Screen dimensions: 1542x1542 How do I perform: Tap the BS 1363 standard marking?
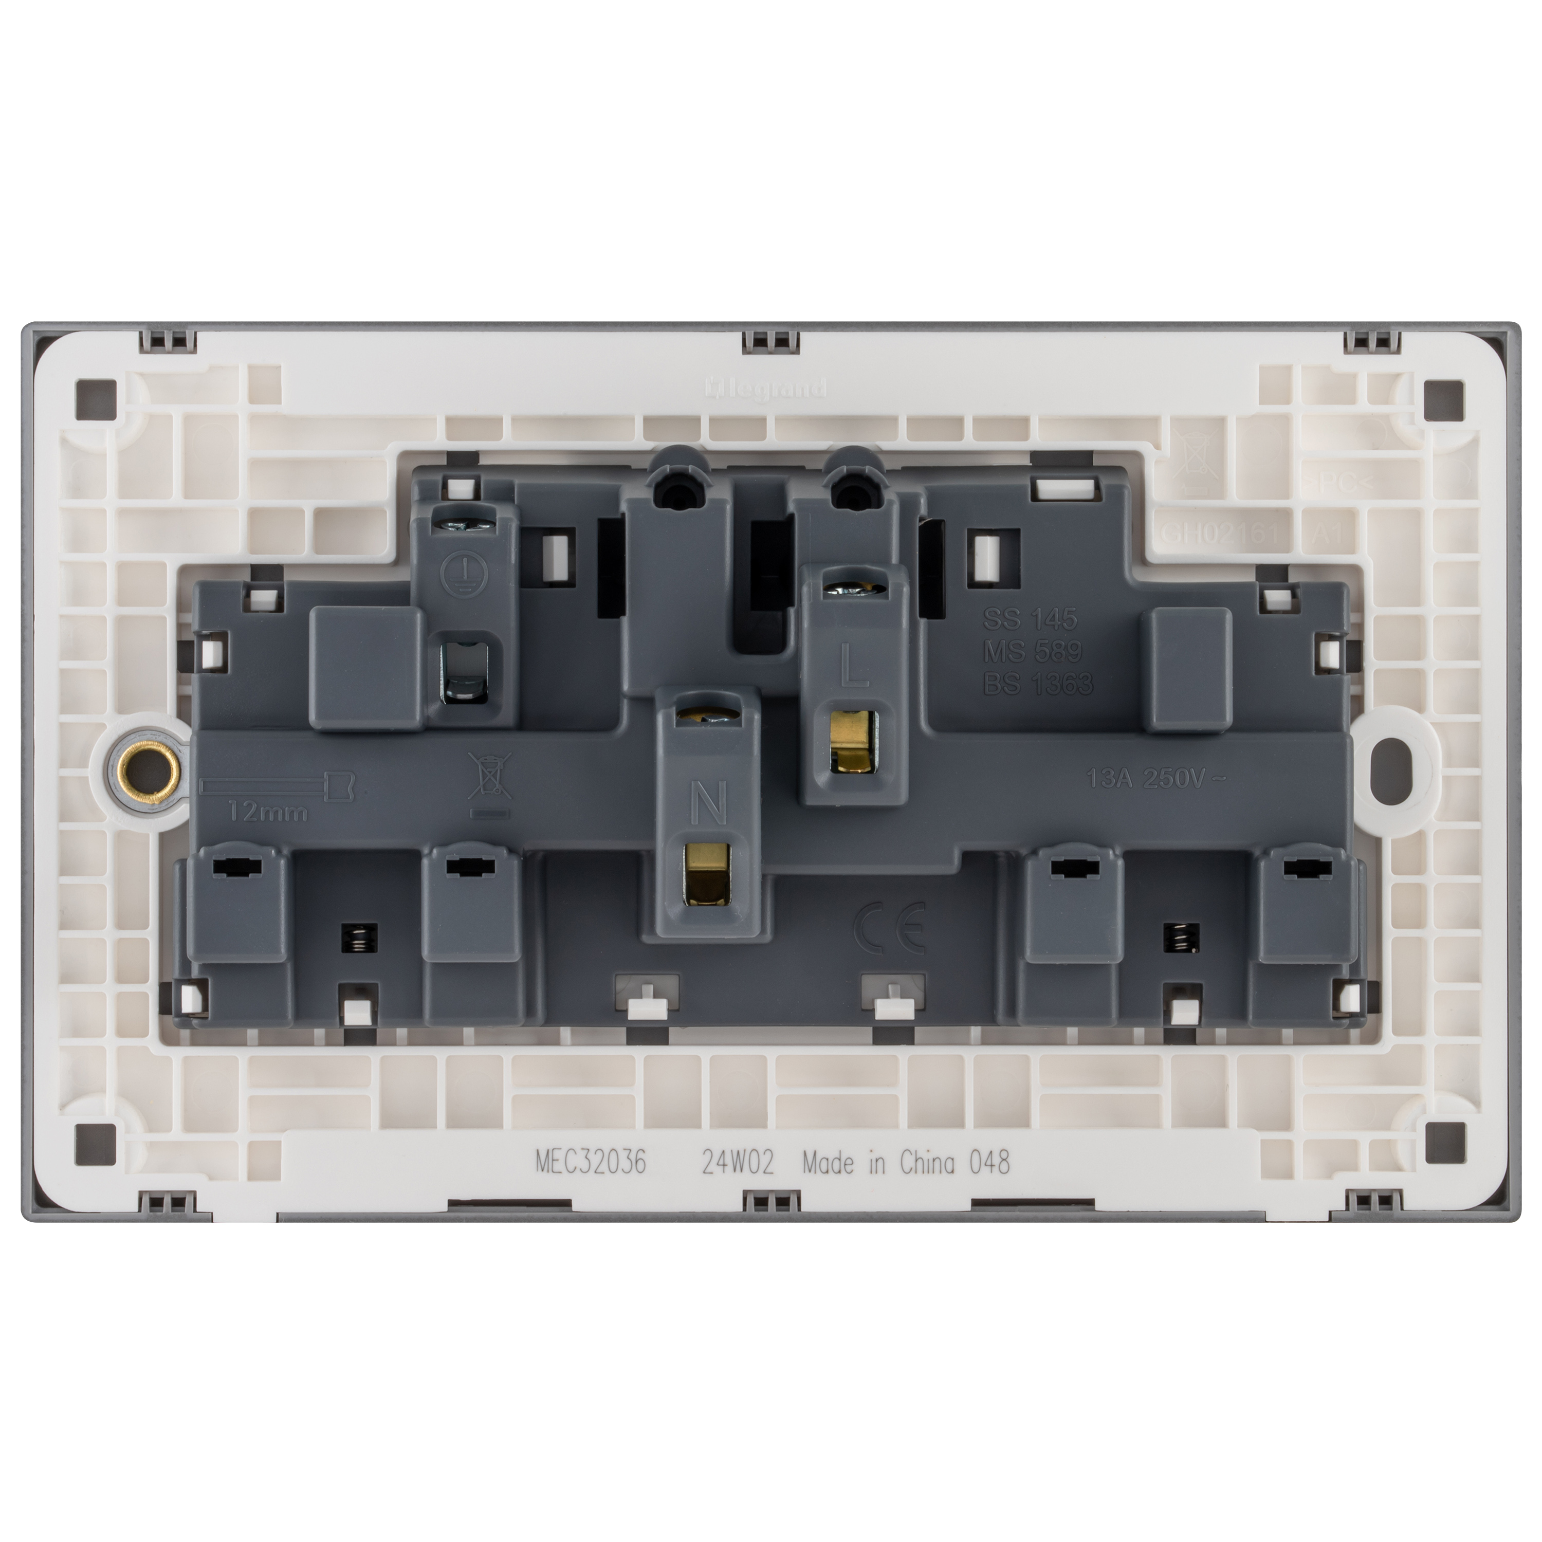point(1038,684)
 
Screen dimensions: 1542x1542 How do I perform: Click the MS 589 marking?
point(1033,651)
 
